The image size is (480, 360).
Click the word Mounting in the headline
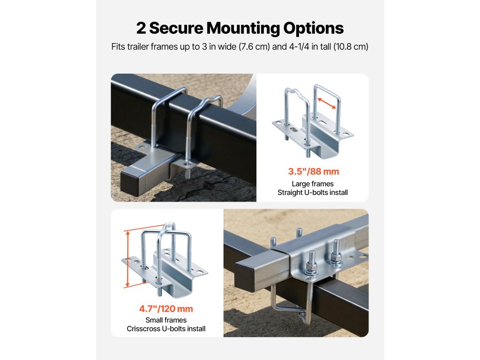coord(243,29)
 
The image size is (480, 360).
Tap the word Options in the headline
coord(314,29)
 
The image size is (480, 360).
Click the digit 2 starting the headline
coord(141,28)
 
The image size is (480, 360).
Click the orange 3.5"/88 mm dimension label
coord(314,172)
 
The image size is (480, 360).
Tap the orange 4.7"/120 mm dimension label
coord(166,308)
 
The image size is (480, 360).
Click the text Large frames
coord(313,184)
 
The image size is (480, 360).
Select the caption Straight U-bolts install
coord(313,193)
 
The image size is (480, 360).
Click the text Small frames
coord(166,320)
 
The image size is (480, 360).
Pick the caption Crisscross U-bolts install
coord(166,329)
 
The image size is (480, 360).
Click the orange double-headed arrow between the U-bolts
coord(327,103)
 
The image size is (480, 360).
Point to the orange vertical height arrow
coord(127,259)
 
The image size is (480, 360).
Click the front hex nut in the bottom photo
coord(311,269)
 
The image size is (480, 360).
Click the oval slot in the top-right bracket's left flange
coord(293,130)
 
